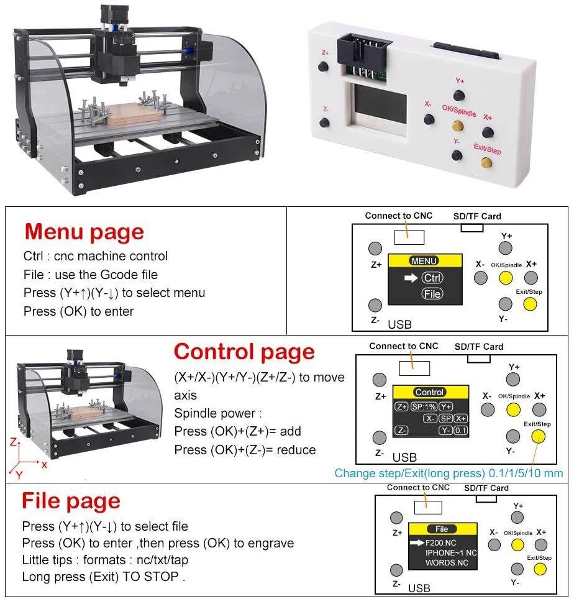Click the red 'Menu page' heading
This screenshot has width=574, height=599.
point(84,232)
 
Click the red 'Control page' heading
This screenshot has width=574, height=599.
point(244,352)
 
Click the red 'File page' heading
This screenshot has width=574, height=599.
point(71,500)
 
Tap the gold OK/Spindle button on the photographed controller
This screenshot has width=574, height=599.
point(458,126)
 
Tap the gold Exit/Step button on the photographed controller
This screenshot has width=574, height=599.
point(487,163)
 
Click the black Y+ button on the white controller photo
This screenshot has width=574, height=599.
point(459,95)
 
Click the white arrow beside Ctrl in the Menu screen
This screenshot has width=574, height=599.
point(411,278)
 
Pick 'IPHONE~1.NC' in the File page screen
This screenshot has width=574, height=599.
point(450,552)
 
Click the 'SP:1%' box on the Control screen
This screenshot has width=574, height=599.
point(423,406)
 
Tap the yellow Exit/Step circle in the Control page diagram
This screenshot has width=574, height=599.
point(538,436)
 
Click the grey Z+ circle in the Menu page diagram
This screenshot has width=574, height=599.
point(375,248)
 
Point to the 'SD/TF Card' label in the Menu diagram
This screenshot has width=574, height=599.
point(477,216)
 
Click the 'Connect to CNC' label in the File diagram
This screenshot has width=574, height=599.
point(417,488)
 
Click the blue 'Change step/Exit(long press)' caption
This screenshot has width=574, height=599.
point(410,473)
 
